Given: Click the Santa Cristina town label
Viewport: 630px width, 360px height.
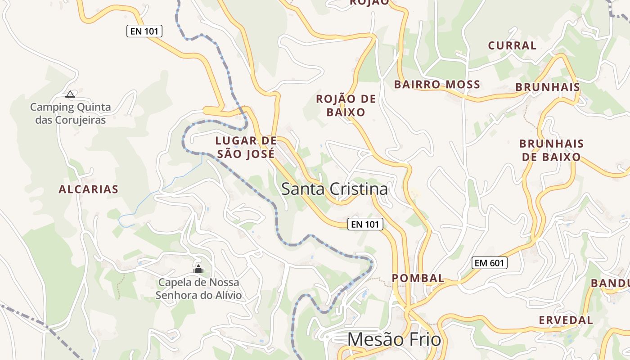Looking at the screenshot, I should point(334,189).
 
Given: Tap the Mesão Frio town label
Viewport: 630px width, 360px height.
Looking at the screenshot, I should point(394,339).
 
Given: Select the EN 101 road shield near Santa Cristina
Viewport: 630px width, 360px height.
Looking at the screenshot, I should point(365,224).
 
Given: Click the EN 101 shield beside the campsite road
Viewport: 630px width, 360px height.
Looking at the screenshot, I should point(144,31).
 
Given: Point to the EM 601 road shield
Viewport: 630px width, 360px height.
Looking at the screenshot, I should point(490,263).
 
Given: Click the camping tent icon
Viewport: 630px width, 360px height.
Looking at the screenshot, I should point(70,94).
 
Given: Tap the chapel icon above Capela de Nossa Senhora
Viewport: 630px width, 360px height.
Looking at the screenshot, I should point(198,269).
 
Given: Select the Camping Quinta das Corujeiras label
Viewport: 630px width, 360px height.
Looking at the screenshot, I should point(70,114).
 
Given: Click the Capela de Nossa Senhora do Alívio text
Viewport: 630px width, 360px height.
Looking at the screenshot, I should point(198,289).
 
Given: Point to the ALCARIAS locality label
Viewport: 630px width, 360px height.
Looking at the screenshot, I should point(88,189).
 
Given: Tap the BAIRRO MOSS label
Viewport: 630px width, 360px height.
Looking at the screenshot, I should point(437,85).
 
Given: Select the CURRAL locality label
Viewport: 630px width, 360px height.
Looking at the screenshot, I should point(512,45).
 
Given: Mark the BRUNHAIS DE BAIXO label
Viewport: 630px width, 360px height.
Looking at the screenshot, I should point(551,150).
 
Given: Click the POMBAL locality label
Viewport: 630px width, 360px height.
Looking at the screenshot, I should point(418,278).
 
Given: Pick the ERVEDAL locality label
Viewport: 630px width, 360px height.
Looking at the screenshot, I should point(566,320).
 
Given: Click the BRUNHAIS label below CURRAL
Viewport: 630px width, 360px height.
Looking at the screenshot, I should point(548,87).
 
